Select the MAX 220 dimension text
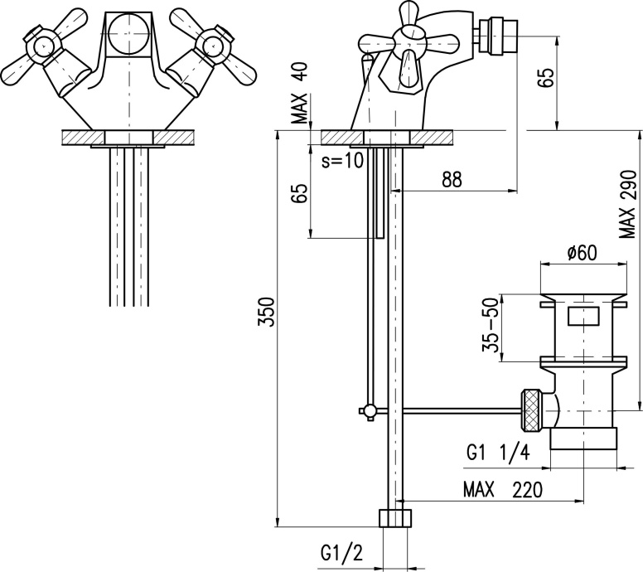[504, 490]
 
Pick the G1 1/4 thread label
[496, 453]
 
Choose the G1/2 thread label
[342, 552]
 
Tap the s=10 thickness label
[342, 161]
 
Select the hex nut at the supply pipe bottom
[396, 519]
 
